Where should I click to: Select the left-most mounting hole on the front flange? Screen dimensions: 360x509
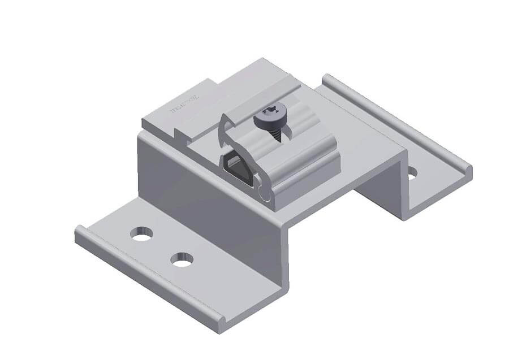[x=141, y=233]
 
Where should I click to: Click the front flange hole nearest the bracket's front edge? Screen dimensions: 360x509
[x=182, y=259]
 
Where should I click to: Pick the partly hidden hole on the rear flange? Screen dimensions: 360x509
[x=412, y=173]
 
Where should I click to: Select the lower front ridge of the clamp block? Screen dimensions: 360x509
[x=305, y=184]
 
